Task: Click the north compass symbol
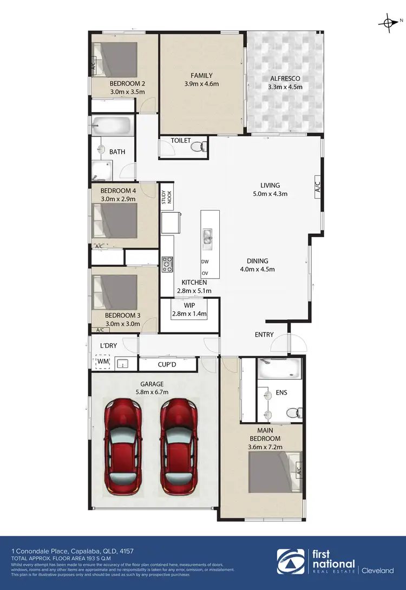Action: (388, 23)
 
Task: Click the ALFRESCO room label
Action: (285, 78)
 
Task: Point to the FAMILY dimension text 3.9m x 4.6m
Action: (201, 84)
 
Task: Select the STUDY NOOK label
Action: (166, 199)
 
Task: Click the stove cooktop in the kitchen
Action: (167, 265)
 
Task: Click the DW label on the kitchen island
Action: (205, 261)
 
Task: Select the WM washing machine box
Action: (102, 362)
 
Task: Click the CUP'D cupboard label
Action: (167, 365)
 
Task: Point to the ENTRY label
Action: (264, 335)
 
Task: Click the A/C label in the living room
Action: (318, 187)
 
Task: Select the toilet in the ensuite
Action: (293, 412)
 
